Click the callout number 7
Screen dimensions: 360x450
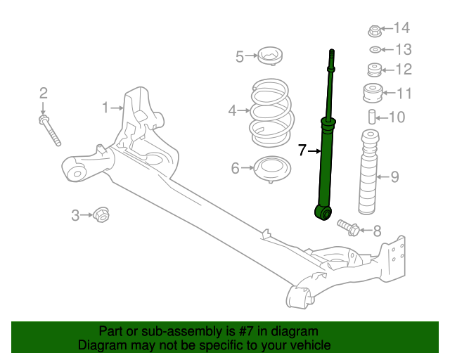pyautogui.click(x=302, y=150)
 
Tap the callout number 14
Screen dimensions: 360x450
pyautogui.click(x=401, y=28)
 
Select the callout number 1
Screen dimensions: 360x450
pyautogui.click(x=105, y=108)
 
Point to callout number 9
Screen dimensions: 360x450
pyautogui.click(x=394, y=177)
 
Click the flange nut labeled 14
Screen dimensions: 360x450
pyautogui.click(x=375, y=30)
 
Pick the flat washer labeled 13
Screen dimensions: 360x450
pyautogui.click(x=375, y=49)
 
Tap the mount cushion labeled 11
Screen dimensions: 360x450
pyautogui.click(x=373, y=93)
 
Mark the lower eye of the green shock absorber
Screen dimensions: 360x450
pyautogui.click(x=323, y=212)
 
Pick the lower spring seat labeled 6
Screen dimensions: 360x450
pyautogui.click(x=271, y=169)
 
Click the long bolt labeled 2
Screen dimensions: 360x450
pyautogui.click(x=51, y=131)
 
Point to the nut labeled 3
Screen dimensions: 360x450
pyautogui.click(x=101, y=214)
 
